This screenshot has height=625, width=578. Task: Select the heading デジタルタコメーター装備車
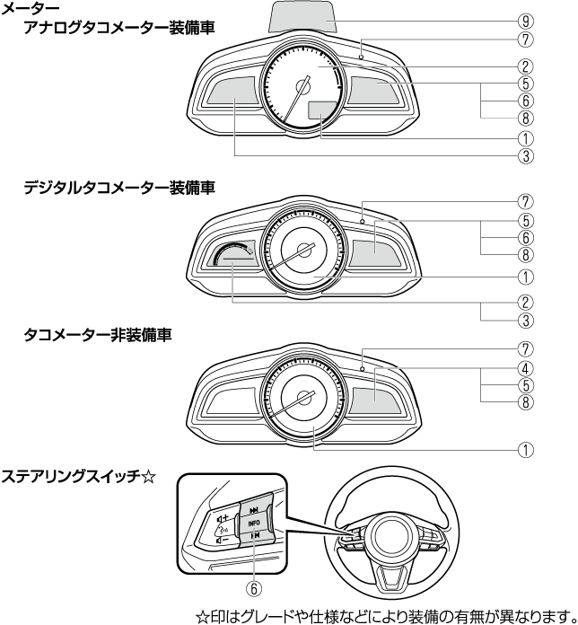118,187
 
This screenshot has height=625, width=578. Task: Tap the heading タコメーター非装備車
99,334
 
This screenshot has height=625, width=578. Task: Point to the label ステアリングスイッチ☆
79,474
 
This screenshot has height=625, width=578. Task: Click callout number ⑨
525,18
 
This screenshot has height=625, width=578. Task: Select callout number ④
525,368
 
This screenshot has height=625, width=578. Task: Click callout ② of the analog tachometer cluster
525,66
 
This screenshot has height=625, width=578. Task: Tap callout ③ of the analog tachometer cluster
525,154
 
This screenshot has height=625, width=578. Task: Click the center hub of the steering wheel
390,537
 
